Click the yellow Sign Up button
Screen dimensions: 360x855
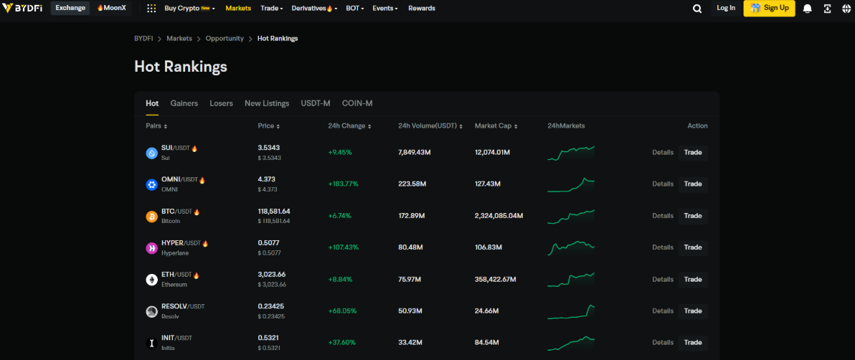pos(769,8)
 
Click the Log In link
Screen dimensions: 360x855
pos(726,8)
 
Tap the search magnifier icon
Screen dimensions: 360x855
pos(697,9)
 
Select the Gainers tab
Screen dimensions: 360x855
pos(184,103)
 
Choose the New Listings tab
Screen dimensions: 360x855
pos(267,103)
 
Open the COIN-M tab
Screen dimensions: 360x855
pos(357,103)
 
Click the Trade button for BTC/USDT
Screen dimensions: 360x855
pos(693,216)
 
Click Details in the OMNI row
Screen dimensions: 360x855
pos(663,184)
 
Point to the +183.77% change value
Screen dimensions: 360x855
pos(343,184)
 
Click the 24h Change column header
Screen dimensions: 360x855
pos(349,126)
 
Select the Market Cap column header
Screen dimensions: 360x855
pos(493,126)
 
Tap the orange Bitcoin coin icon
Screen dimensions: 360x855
pos(152,216)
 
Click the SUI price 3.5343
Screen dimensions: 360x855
pos(269,148)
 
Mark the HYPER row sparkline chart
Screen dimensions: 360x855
pos(571,247)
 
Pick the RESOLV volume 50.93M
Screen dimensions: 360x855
pos(410,311)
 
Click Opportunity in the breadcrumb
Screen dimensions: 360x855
pos(225,39)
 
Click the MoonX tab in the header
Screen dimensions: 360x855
pos(111,8)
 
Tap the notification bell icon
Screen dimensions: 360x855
pos(808,9)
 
